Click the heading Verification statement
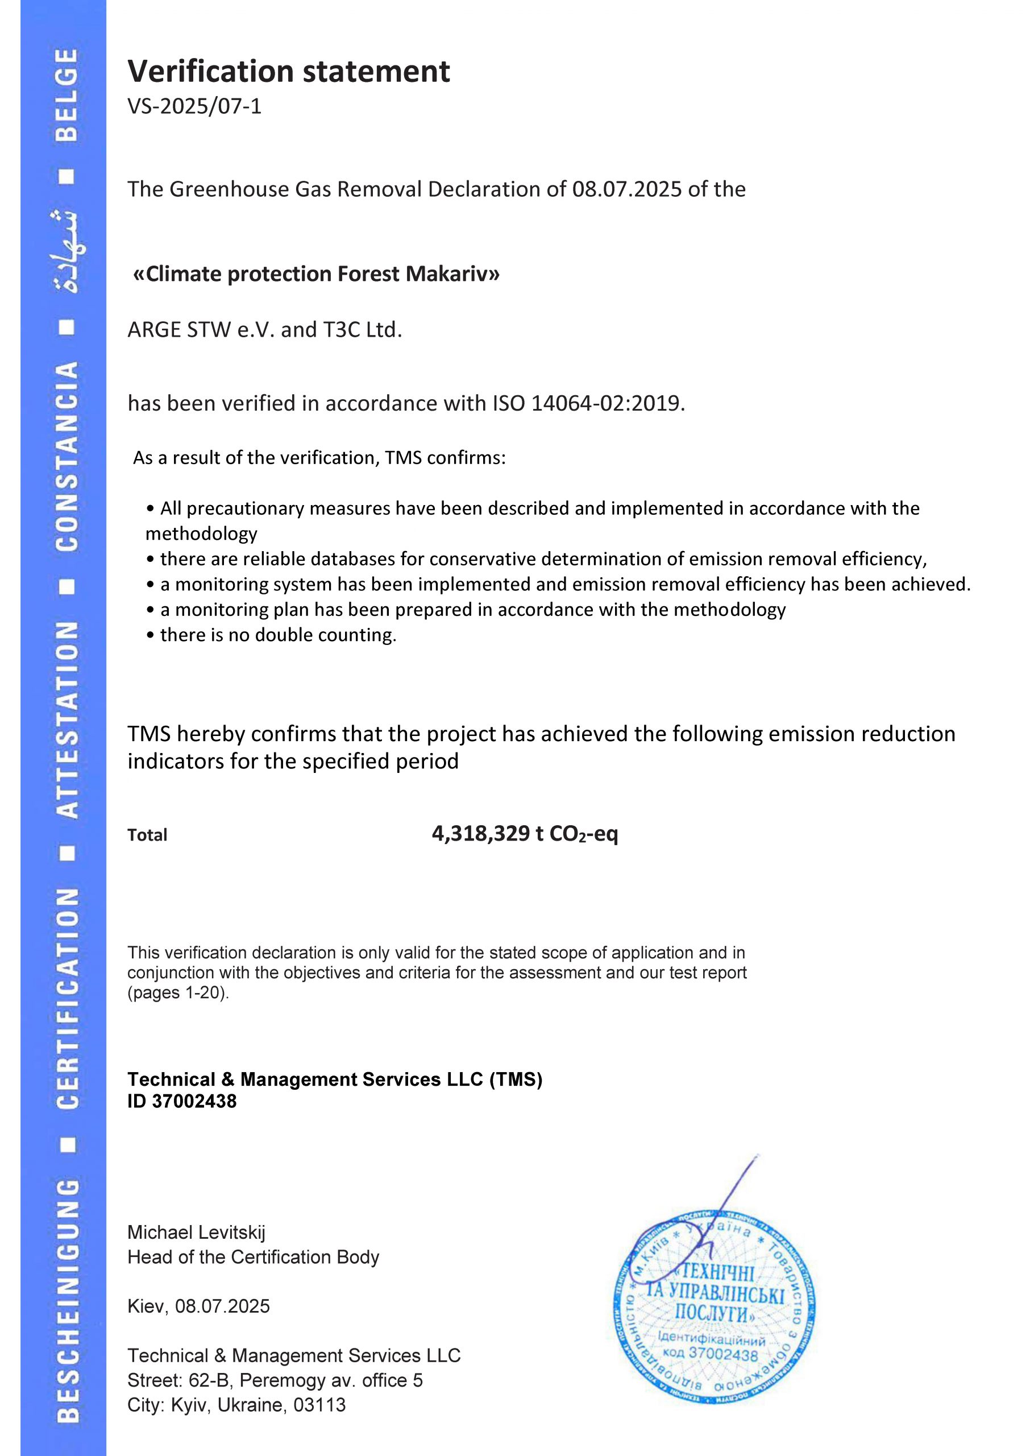click(x=289, y=71)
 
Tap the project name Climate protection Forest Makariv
click(x=316, y=274)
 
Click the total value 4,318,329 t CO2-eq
click(x=525, y=834)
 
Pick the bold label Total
click(x=147, y=835)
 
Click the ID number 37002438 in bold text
click(x=193, y=1101)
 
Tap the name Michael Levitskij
click(x=196, y=1232)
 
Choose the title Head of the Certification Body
click(x=253, y=1257)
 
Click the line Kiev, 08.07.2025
click(x=198, y=1306)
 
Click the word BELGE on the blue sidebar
click(x=68, y=94)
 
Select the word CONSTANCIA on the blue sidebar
click(x=68, y=456)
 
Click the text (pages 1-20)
click(x=178, y=993)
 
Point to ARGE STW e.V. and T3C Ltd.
click(x=264, y=330)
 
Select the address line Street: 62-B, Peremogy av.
click(x=275, y=1380)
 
